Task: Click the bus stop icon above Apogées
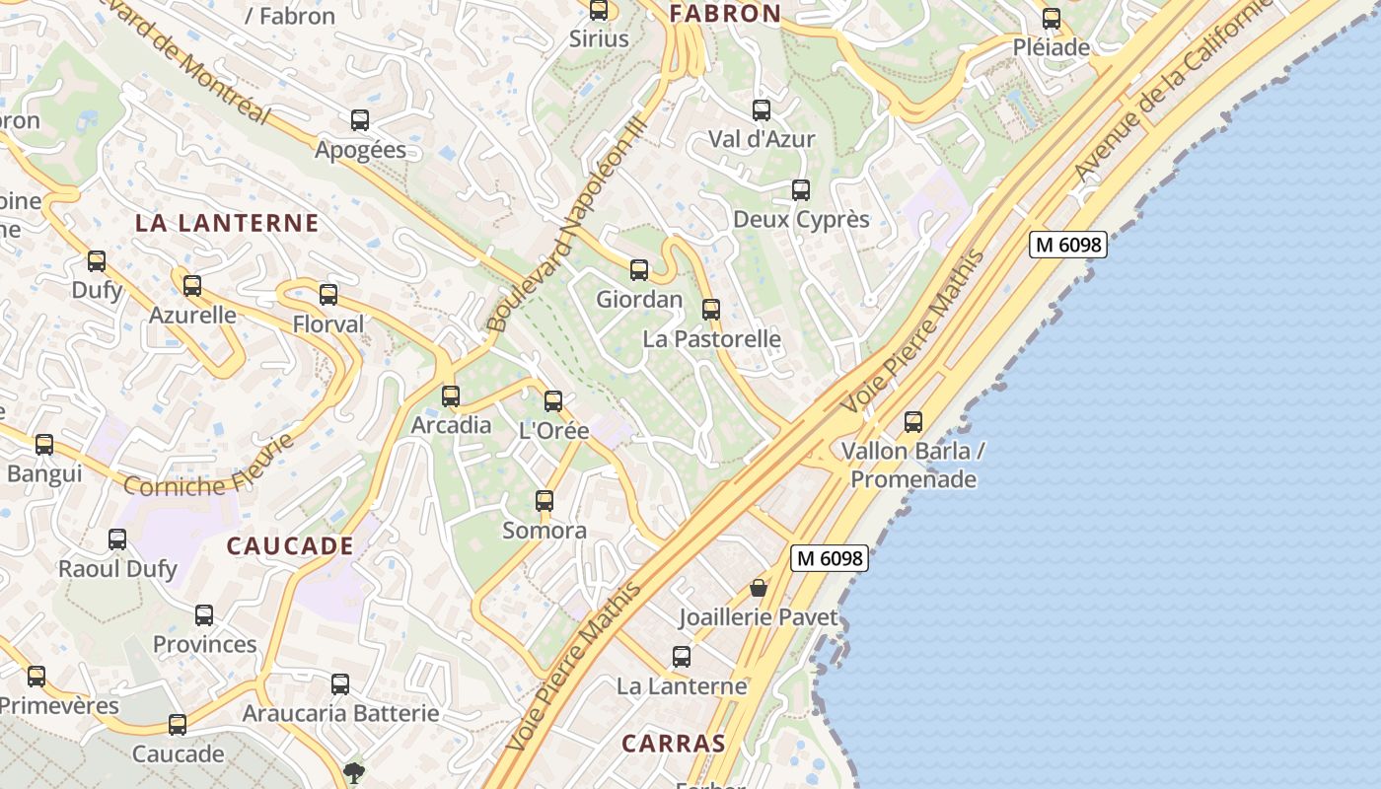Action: pyautogui.click(x=360, y=120)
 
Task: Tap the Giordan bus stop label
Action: pyautogui.click(x=639, y=299)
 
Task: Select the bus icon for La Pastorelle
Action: pyautogui.click(x=711, y=309)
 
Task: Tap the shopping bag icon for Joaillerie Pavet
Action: pyautogui.click(x=759, y=588)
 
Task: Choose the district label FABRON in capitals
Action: pyautogui.click(x=725, y=14)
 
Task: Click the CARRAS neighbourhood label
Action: pyautogui.click(x=674, y=744)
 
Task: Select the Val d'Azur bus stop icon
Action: pyautogui.click(x=762, y=109)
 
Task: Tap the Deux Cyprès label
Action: pyautogui.click(x=801, y=219)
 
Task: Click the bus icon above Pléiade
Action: pyautogui.click(x=1052, y=18)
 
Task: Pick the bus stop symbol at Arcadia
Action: pyautogui.click(x=451, y=395)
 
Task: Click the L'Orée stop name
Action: pyautogui.click(x=553, y=431)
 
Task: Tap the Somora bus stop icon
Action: pyautogui.click(x=545, y=500)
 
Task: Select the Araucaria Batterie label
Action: pyautogui.click(x=340, y=713)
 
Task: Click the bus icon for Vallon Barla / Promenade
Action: pyautogui.click(x=913, y=422)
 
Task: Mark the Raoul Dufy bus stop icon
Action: pyautogui.click(x=117, y=539)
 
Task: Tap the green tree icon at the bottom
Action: pyautogui.click(x=353, y=771)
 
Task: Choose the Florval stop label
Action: pyautogui.click(x=328, y=323)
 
